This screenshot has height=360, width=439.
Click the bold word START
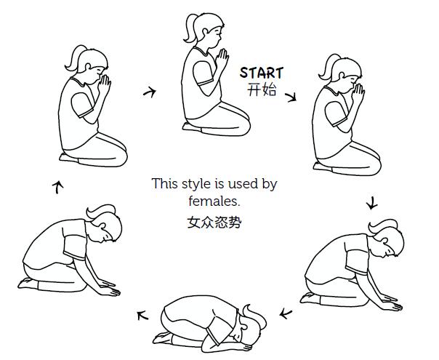(x=262, y=73)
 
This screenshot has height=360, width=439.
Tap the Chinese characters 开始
(x=262, y=90)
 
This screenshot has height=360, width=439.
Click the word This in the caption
(x=165, y=184)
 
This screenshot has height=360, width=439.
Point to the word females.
(x=214, y=201)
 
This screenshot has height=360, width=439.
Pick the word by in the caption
(x=270, y=185)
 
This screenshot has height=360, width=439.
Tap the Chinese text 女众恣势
(x=214, y=223)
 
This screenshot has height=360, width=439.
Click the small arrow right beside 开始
(x=291, y=97)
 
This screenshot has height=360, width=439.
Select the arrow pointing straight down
(x=372, y=203)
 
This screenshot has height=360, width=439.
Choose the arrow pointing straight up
(x=57, y=187)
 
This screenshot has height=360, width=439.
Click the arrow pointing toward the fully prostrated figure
(x=286, y=313)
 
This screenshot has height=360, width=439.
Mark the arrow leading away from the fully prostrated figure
(x=142, y=316)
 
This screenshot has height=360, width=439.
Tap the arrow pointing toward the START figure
(x=150, y=92)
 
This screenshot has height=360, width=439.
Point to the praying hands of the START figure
(x=222, y=60)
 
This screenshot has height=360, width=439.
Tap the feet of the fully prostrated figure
(x=163, y=337)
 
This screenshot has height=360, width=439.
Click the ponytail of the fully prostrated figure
(x=255, y=316)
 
